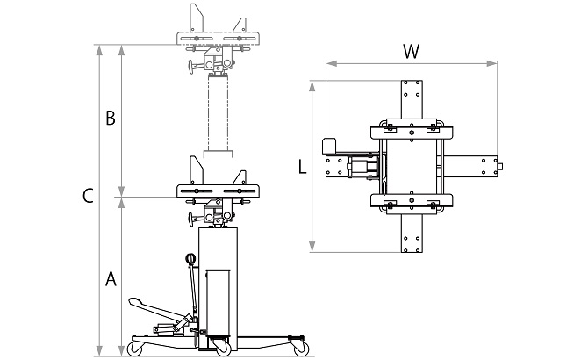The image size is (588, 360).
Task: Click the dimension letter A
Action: (111, 280)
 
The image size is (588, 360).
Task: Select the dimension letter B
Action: (111, 119)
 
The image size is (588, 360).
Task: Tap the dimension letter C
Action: (88, 198)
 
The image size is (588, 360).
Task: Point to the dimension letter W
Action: (410, 51)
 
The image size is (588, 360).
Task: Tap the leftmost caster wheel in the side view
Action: (137, 348)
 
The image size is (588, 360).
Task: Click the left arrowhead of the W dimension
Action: (327, 62)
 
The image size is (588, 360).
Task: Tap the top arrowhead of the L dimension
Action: (313, 84)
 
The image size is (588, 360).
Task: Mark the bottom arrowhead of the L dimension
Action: (313, 248)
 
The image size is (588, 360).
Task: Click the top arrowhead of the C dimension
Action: (99, 49)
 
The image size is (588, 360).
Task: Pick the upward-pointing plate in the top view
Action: (409, 101)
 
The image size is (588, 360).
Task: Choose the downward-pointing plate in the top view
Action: (409, 231)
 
